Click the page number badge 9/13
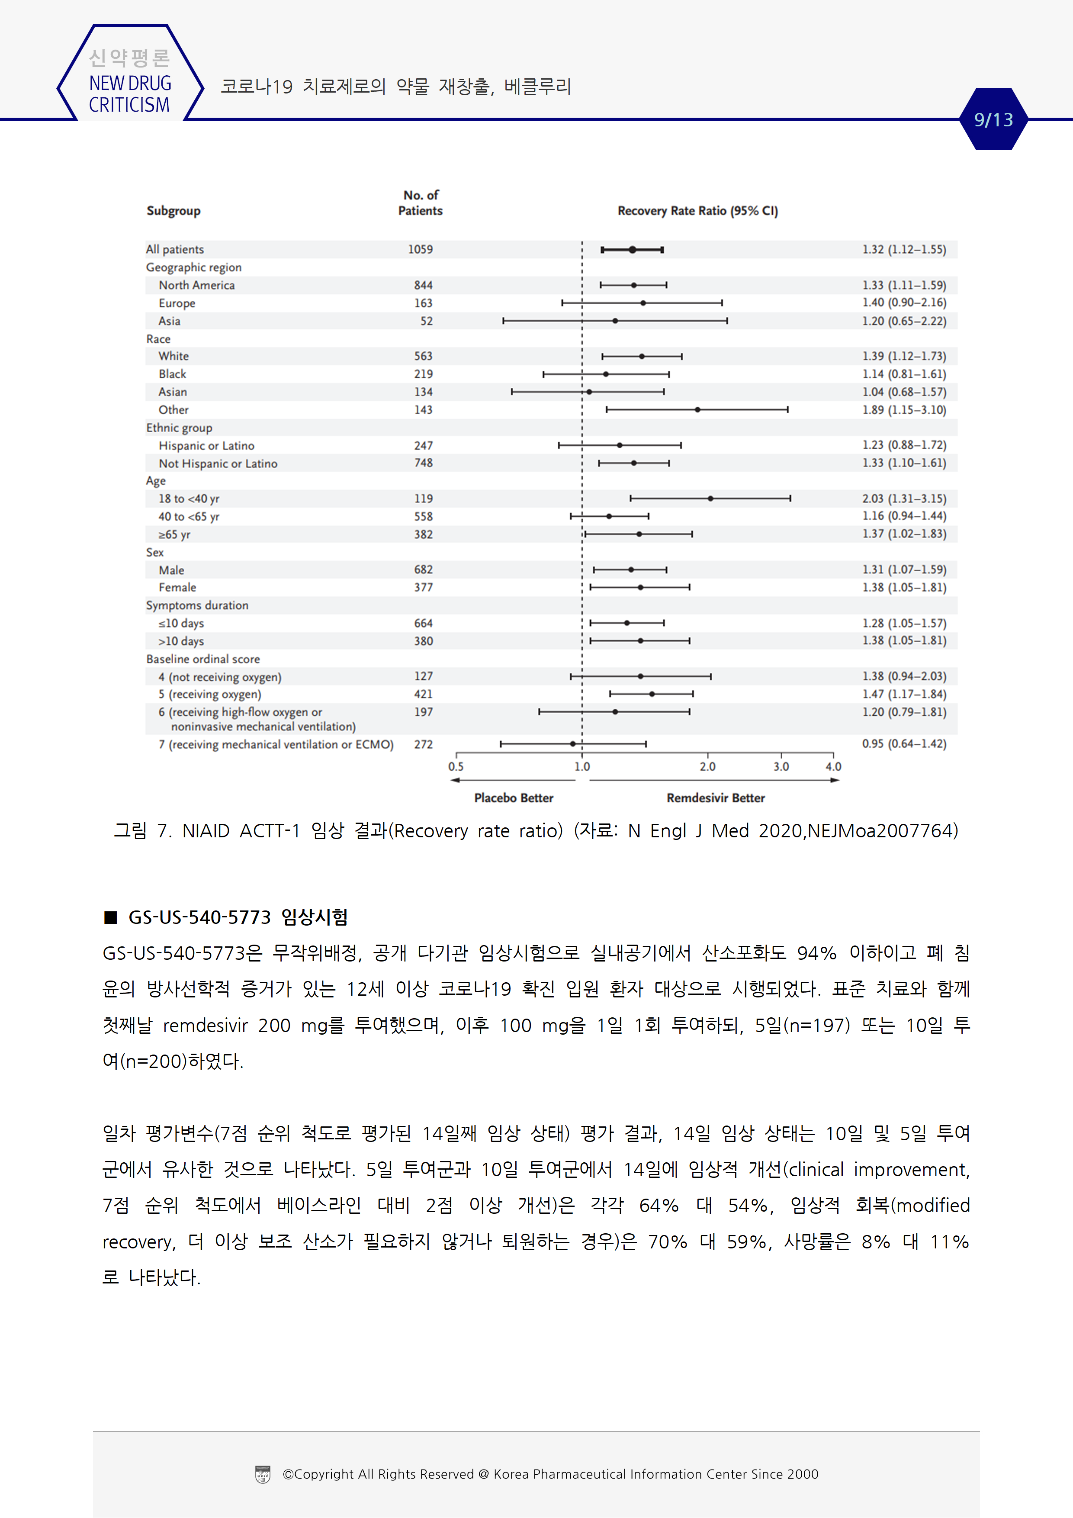click(993, 120)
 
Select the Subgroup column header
click(173, 211)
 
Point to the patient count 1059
click(421, 249)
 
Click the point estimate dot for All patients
click(633, 249)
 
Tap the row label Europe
click(177, 303)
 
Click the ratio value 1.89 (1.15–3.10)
click(904, 410)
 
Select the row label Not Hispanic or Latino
click(218, 463)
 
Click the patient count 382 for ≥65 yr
click(423, 534)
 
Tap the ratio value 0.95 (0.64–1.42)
click(904, 744)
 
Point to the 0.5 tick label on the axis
click(456, 767)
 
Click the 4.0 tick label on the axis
click(833, 767)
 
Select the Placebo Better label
click(514, 798)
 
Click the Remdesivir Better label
click(715, 798)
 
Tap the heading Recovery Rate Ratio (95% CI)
click(697, 211)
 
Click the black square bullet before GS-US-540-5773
click(110, 917)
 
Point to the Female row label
click(177, 588)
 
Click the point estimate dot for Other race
click(697, 410)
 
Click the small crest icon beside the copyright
click(263, 1474)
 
